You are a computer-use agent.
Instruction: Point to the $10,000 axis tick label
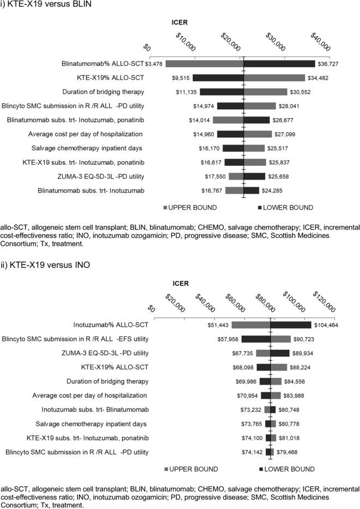[x=187, y=41]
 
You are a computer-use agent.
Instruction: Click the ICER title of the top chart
[x=179, y=23]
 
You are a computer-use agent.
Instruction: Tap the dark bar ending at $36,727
[x=279, y=64]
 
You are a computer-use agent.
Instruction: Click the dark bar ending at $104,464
[x=291, y=325]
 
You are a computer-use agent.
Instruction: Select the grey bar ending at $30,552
[x=265, y=92]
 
